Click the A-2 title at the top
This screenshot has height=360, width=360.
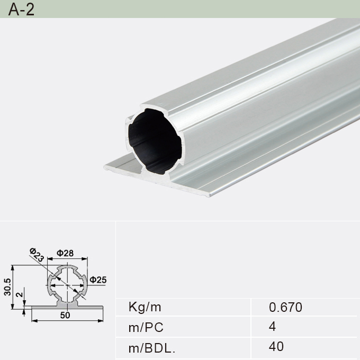pos(21,10)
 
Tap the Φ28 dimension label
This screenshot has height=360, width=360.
pos(65,253)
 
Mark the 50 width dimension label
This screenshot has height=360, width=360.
pos(65,316)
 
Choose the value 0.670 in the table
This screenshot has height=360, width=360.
pos(285,307)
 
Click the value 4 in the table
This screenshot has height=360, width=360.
pos(272,327)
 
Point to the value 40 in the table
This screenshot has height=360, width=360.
pos(276,347)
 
